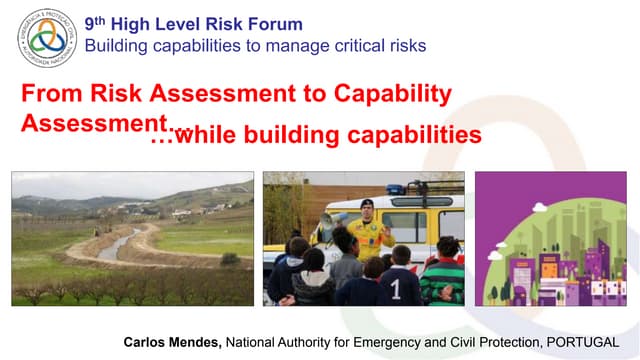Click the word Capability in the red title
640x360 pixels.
[391, 95]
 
